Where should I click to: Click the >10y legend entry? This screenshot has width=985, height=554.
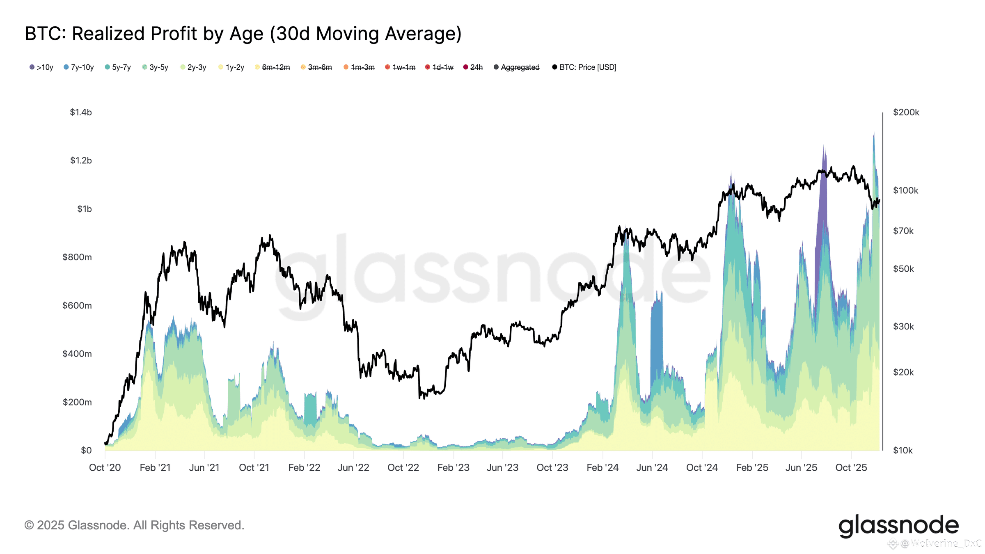click(x=41, y=67)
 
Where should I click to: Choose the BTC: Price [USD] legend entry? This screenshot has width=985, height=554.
click(x=584, y=67)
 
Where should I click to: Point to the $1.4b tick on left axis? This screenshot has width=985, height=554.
click(x=81, y=112)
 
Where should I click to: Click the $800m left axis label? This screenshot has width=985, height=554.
click(x=77, y=257)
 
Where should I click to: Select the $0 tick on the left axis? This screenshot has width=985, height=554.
click(x=86, y=451)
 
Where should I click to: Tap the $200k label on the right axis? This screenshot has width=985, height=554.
click(x=906, y=112)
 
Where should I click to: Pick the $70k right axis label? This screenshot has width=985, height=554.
click(x=903, y=231)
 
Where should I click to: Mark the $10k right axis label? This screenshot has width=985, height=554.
click(x=903, y=451)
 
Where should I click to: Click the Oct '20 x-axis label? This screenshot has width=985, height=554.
click(x=105, y=468)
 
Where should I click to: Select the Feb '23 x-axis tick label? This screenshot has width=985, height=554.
click(x=454, y=468)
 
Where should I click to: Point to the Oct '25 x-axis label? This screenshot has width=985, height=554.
click(x=851, y=468)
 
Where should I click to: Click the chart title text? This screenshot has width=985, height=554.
click(x=243, y=34)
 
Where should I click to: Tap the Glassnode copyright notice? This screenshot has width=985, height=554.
click(x=135, y=525)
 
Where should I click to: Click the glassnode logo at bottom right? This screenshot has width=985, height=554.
click(x=898, y=526)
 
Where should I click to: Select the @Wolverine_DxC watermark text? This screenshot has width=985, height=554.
click(x=940, y=544)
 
